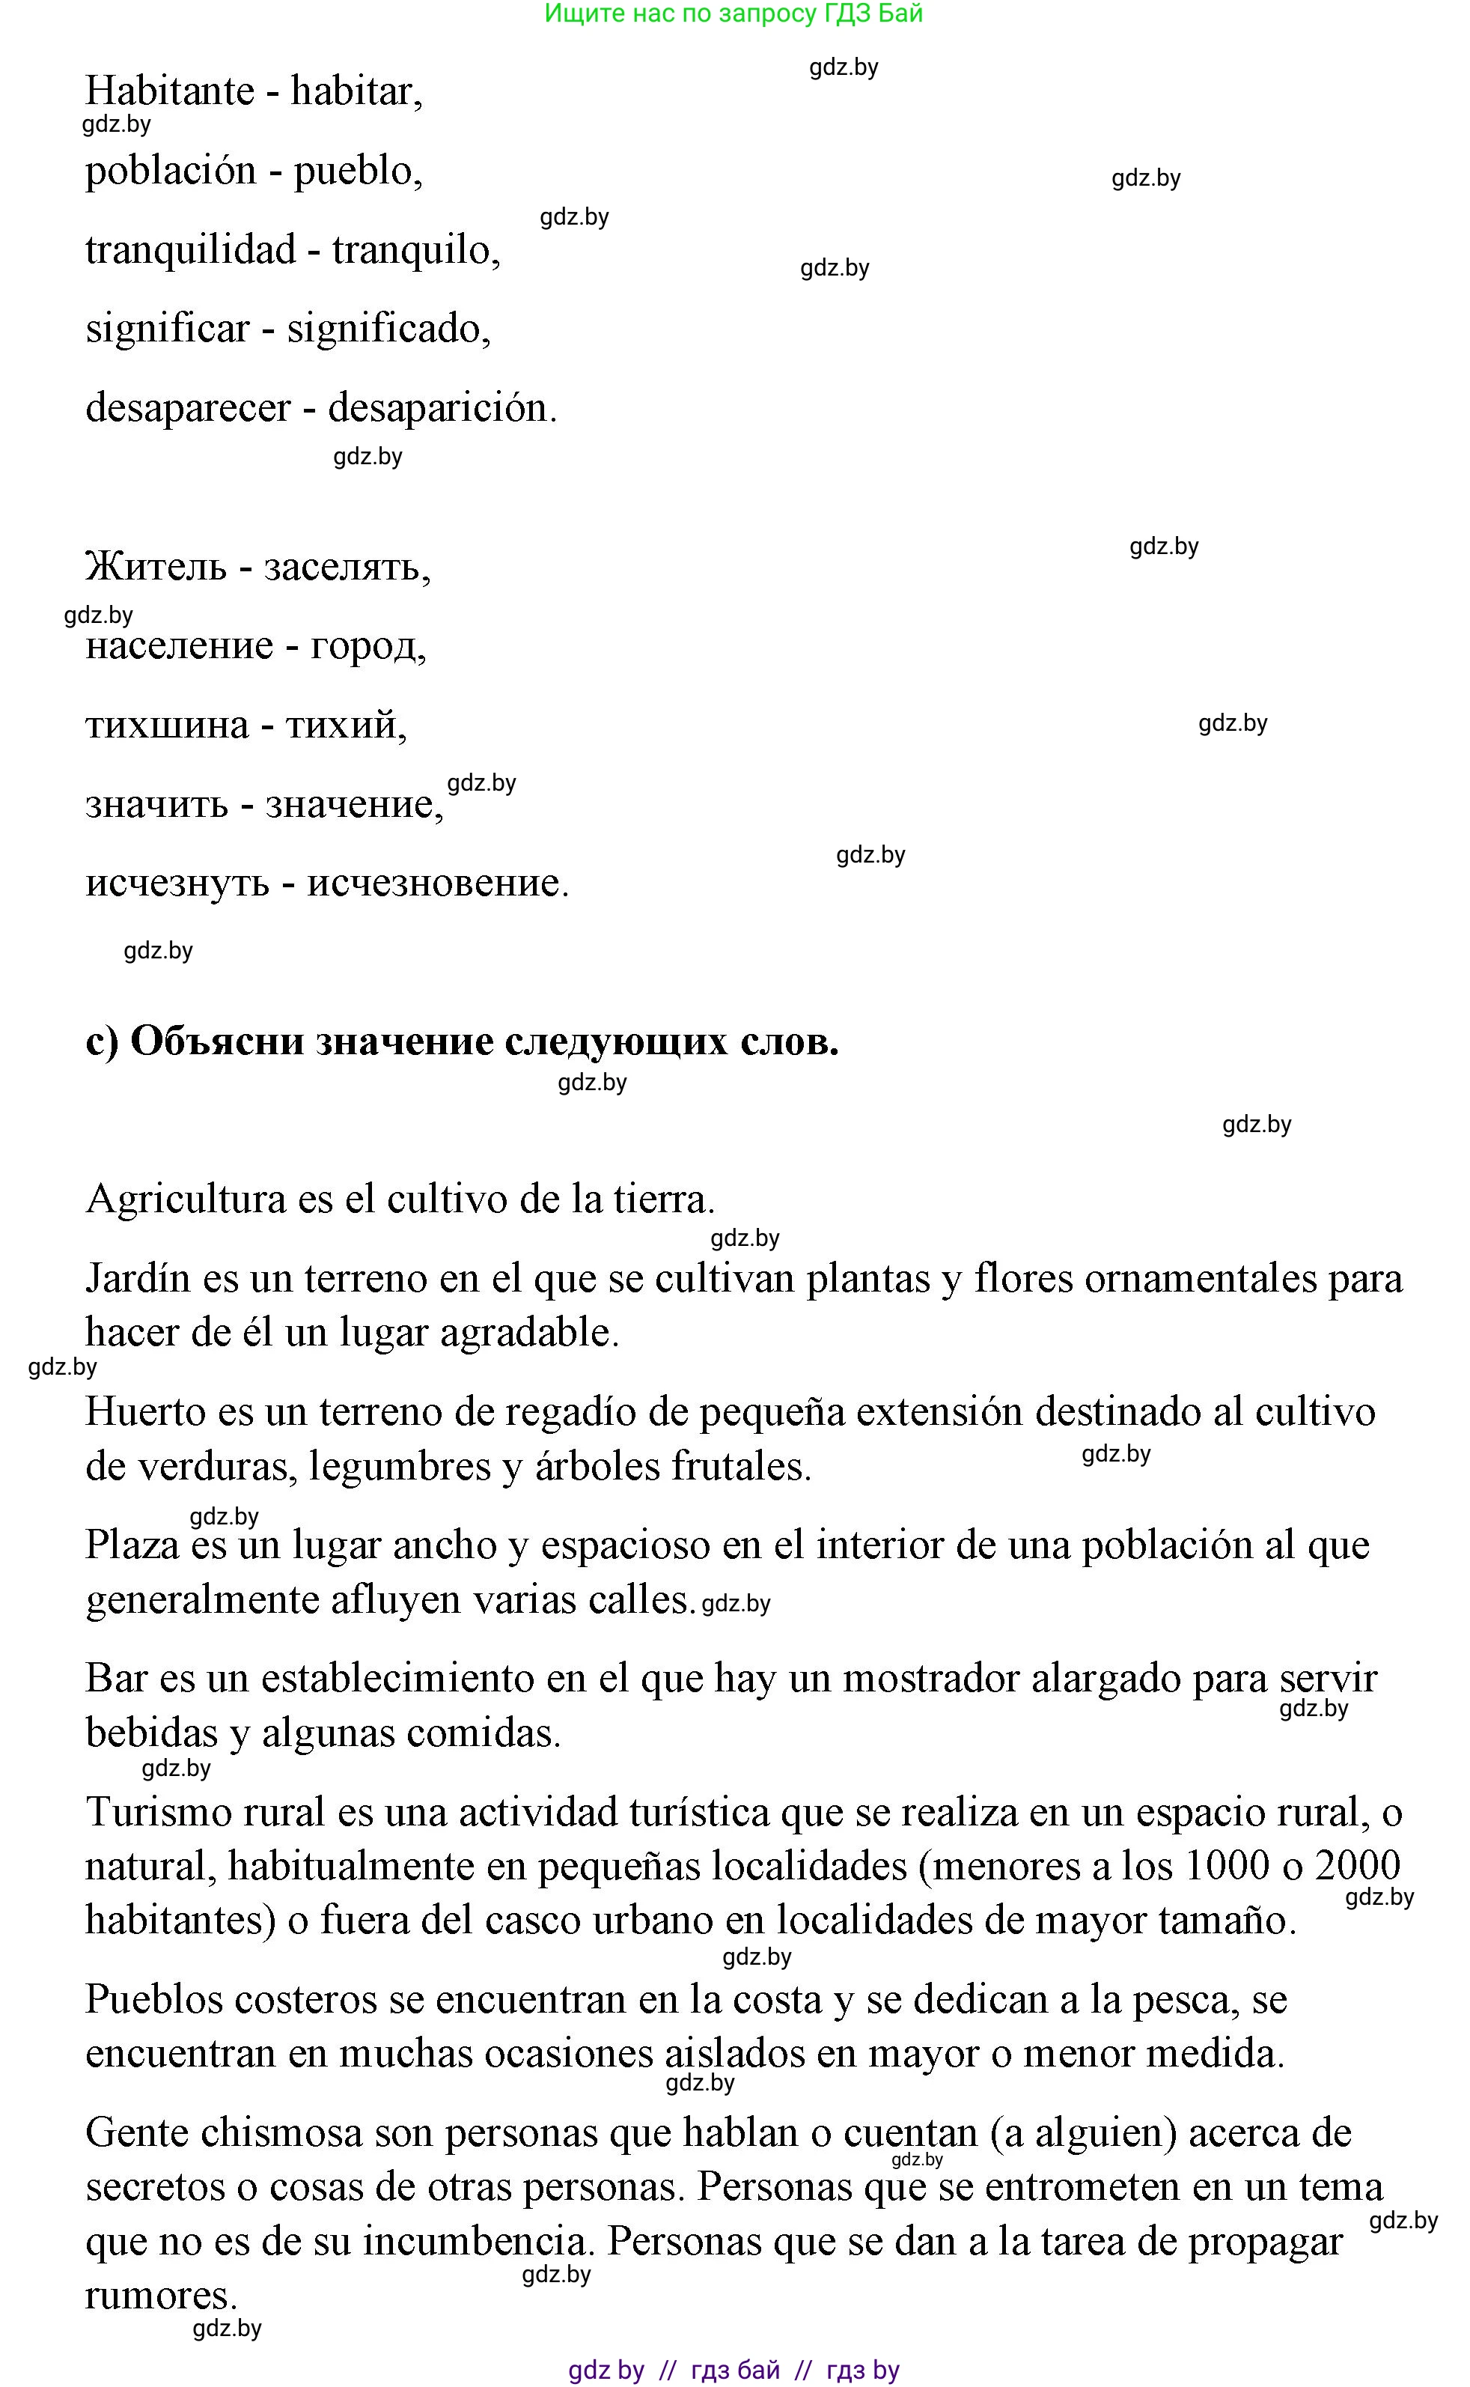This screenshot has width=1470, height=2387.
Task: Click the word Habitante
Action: (x=169, y=91)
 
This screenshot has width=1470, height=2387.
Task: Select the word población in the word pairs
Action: (x=170, y=172)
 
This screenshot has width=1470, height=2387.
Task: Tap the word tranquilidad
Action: (x=191, y=250)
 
